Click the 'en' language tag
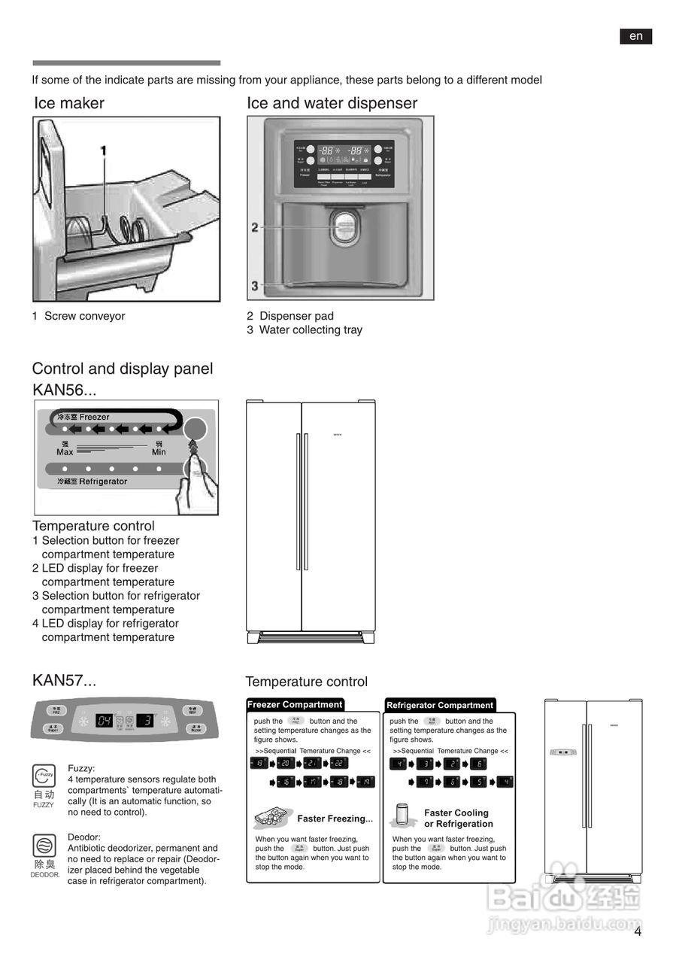tap(635, 36)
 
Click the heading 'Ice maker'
tap(69, 103)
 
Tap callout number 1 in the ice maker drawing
tap(104, 151)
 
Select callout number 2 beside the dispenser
tap(255, 227)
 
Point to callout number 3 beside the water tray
tap(255, 285)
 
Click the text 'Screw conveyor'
tap(84, 316)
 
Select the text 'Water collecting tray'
tap(310, 330)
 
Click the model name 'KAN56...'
tap(65, 390)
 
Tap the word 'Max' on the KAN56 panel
tap(65, 451)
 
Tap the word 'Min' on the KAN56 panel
tap(159, 451)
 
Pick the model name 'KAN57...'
tap(65, 681)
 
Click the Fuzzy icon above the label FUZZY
tap(44, 775)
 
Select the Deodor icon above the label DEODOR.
tap(44, 845)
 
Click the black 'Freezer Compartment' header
tap(295, 705)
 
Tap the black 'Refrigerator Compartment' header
tap(440, 705)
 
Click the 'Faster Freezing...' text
tap(335, 819)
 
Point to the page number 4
tap(638, 931)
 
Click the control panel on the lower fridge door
tap(562, 752)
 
